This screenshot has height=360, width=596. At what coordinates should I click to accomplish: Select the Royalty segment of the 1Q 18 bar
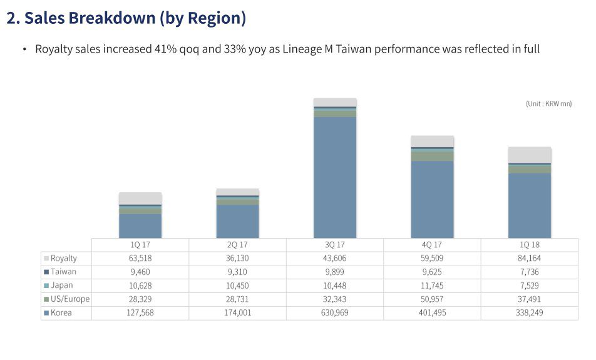[x=530, y=155]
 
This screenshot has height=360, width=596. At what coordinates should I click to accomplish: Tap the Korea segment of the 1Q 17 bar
[x=140, y=225]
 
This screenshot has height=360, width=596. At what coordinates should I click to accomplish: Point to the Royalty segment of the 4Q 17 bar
[x=432, y=141]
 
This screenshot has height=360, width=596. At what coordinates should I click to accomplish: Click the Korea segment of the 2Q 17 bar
[x=237, y=221]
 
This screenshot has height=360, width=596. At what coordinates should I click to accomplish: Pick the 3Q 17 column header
[x=335, y=245]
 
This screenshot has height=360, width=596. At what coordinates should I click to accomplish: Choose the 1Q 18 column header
[x=530, y=245]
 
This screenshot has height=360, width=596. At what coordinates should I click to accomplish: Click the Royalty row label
[x=63, y=258]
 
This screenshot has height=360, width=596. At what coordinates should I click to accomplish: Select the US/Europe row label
[x=69, y=299]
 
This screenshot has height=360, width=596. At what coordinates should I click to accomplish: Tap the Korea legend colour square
[x=46, y=313]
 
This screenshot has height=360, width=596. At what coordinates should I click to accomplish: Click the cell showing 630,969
[x=335, y=313]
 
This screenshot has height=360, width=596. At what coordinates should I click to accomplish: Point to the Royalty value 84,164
[x=530, y=258]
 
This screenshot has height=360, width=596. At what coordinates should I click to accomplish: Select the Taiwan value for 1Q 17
[x=140, y=272]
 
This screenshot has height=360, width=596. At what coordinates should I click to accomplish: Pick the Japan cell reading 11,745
[x=432, y=285]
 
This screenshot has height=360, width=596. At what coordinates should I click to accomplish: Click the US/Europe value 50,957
[x=432, y=299]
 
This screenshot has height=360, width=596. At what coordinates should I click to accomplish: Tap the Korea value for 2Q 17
[x=237, y=313]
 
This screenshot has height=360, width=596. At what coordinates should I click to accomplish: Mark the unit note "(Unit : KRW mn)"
[x=548, y=103]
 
